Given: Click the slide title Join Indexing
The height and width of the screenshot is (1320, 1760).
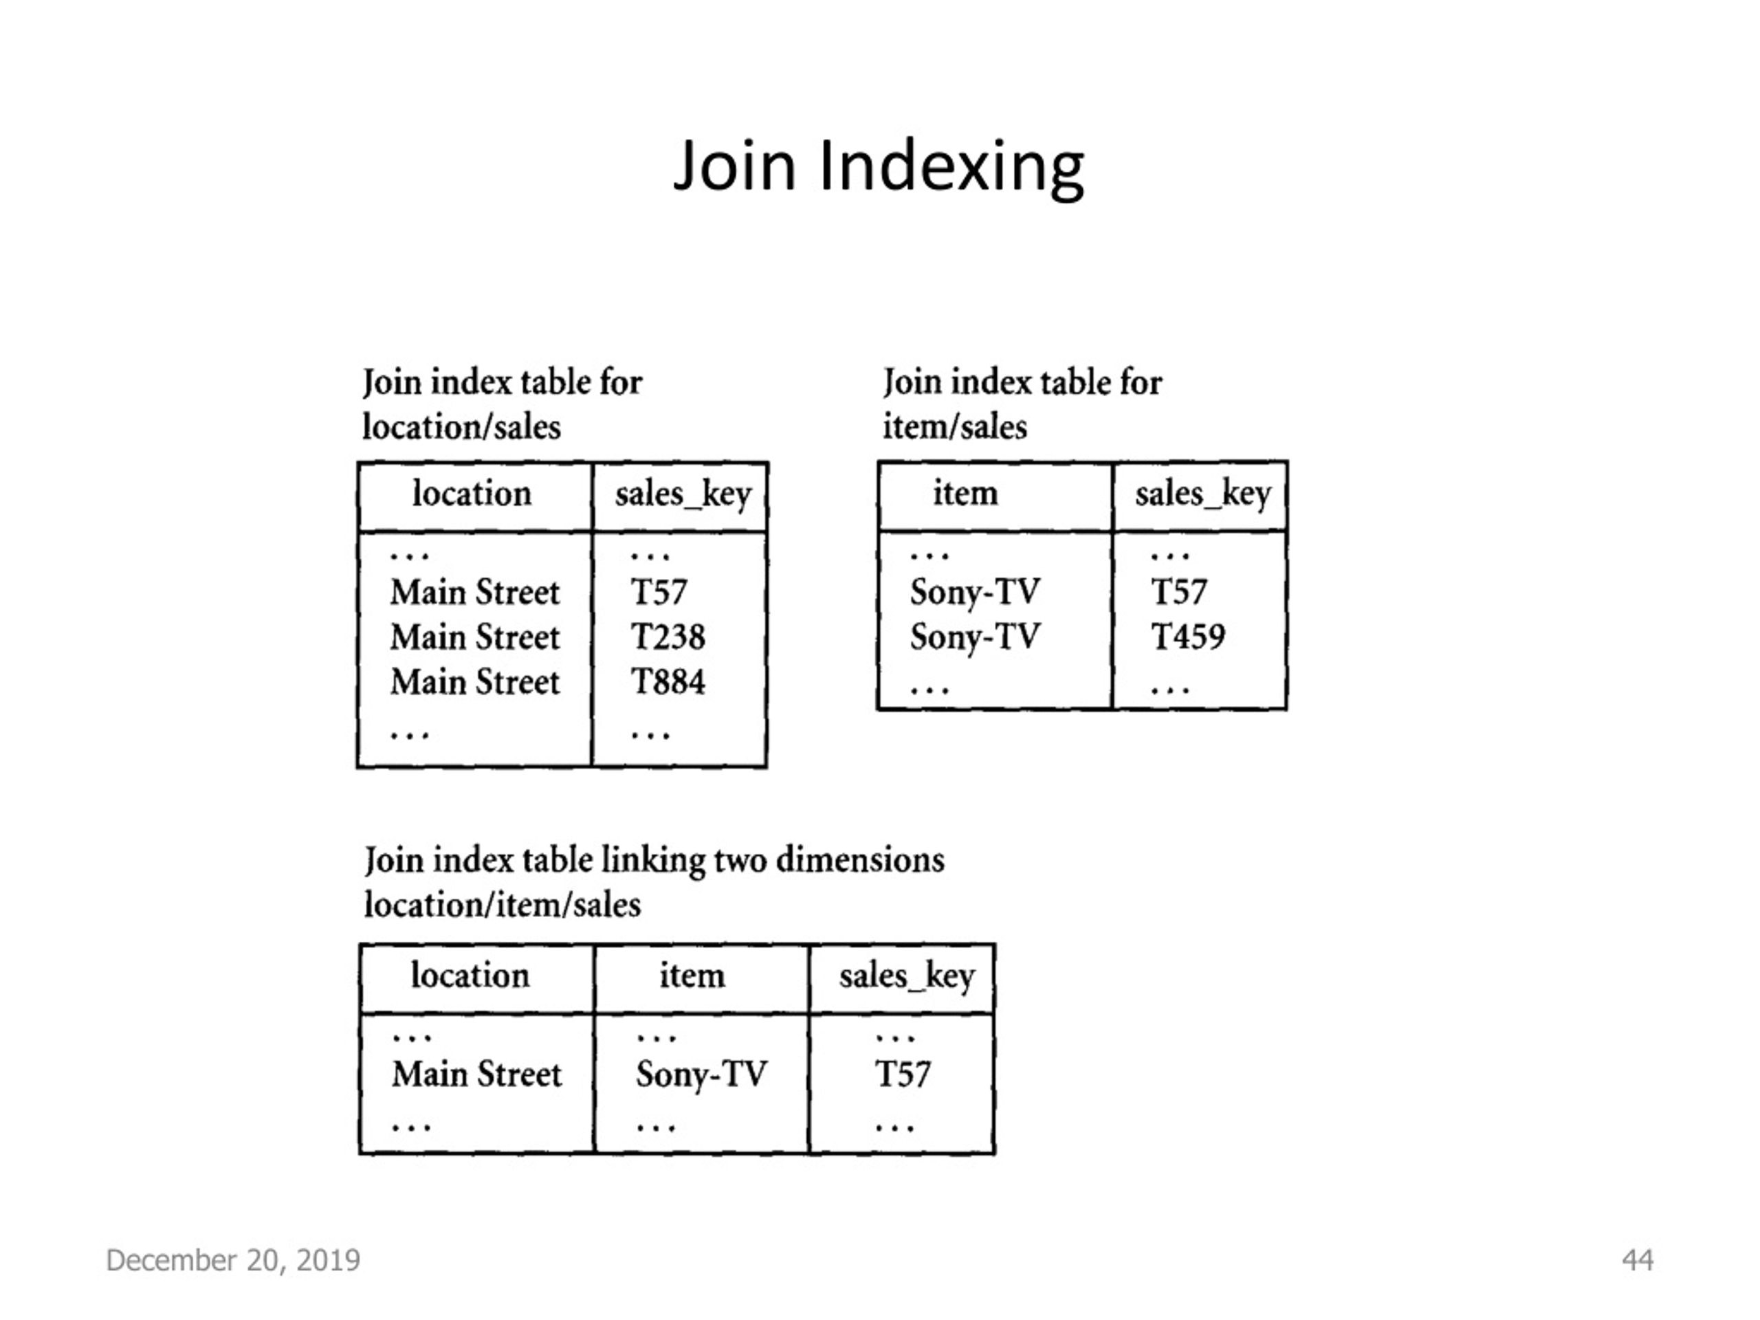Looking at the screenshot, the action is tap(879, 167).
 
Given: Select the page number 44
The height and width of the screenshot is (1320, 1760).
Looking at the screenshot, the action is tap(1638, 1260).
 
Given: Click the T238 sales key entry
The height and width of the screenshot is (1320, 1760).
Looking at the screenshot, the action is tap(668, 637).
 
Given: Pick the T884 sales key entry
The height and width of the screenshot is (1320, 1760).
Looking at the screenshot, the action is tap(668, 682).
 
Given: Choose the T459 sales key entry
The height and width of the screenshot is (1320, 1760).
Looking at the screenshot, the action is tap(1188, 637).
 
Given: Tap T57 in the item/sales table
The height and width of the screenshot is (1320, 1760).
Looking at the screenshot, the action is tap(1178, 592).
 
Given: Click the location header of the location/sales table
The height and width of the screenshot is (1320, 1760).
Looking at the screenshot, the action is tap(472, 494).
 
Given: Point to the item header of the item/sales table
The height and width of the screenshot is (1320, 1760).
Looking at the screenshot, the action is tap(965, 494).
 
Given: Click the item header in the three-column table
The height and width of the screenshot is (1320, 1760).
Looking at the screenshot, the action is tap(692, 976).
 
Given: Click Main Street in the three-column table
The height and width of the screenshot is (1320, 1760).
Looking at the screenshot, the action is tap(476, 1074).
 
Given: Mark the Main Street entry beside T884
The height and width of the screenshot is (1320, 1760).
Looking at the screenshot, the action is tap(475, 682).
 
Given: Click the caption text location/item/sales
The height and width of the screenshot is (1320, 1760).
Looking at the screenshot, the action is tap(502, 905).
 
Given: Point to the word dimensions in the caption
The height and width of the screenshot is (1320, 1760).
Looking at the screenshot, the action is tap(860, 860).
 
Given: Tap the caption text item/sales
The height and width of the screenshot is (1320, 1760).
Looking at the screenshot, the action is tap(955, 427).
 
